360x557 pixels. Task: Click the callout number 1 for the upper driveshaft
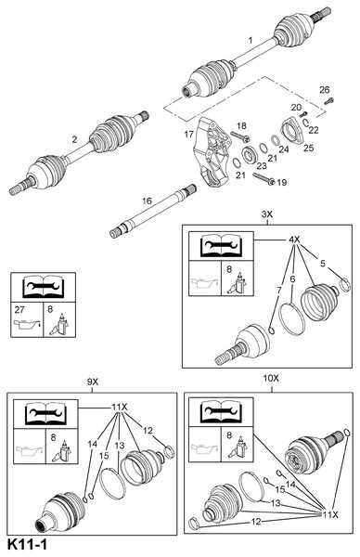(x=251, y=40)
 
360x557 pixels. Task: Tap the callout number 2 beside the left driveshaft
(x=74, y=139)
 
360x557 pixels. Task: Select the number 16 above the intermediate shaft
(x=147, y=201)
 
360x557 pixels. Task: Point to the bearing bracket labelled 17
(x=212, y=152)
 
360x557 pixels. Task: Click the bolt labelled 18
(x=240, y=136)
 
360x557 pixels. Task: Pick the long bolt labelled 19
(x=264, y=177)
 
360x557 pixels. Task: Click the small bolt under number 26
(x=328, y=101)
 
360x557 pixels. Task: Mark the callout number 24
(x=284, y=149)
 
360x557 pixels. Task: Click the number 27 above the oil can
(x=19, y=310)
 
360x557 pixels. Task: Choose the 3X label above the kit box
(x=267, y=214)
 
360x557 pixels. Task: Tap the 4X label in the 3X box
(x=294, y=240)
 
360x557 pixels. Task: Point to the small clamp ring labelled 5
(x=345, y=284)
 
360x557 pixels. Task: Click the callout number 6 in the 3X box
(x=292, y=279)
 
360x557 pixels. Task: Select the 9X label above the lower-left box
(x=92, y=382)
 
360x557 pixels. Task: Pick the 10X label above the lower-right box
(x=271, y=379)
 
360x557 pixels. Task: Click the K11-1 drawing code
(x=27, y=545)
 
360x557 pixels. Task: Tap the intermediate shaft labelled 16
(x=153, y=212)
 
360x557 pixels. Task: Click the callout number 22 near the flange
(x=314, y=130)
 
